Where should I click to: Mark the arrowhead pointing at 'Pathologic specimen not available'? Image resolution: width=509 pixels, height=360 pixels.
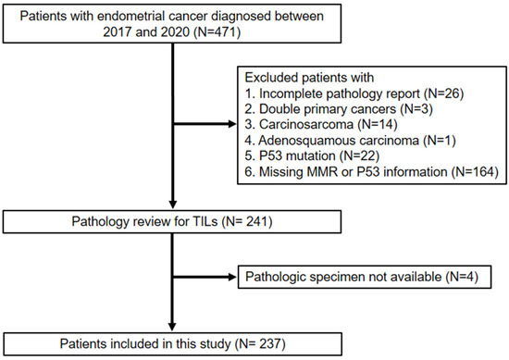point(234,276)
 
